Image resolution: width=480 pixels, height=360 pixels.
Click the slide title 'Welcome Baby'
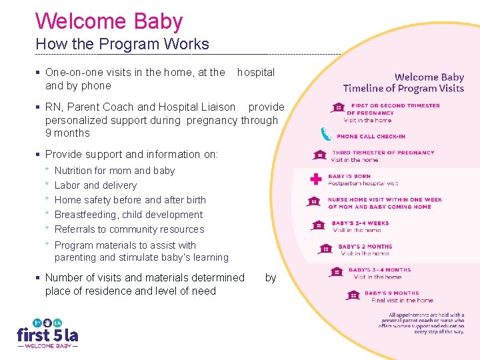109,21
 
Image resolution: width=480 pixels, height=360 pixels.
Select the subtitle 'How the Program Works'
122,45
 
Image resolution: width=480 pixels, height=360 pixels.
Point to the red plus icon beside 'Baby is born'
316,179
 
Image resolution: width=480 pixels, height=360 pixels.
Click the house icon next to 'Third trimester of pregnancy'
320,156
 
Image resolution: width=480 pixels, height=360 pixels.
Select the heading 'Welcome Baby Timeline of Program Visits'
403,83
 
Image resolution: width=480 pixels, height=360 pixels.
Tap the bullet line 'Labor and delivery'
95,185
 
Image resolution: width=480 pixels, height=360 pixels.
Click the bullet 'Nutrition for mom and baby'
114,171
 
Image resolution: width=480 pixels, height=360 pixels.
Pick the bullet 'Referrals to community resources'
129,229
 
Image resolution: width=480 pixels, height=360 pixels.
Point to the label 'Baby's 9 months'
391,293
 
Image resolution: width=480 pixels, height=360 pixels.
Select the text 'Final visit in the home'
402,301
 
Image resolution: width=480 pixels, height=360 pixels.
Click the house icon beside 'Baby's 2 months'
325,249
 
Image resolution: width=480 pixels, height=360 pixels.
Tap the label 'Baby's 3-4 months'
379,270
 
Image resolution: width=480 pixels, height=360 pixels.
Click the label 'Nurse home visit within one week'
385,199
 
